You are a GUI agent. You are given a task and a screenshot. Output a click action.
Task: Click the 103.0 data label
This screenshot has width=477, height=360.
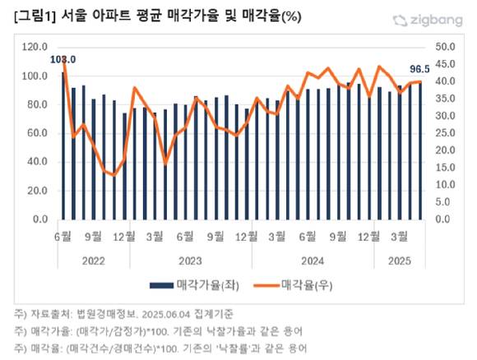pos(63,59)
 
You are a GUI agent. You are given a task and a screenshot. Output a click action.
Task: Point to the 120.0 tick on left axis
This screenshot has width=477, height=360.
pos(35,48)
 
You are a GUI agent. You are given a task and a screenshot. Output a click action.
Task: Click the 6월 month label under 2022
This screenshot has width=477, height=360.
pos(63,237)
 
